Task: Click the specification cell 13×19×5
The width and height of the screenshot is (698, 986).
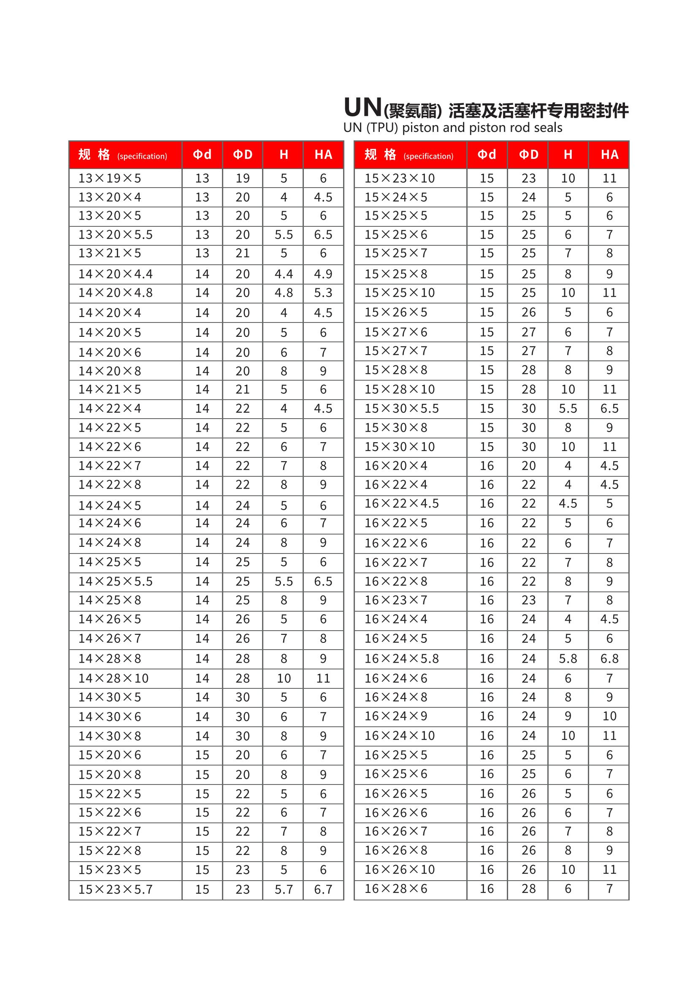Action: pyautogui.click(x=110, y=178)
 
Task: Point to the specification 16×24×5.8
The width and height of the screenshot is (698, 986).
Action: pyautogui.click(x=401, y=659)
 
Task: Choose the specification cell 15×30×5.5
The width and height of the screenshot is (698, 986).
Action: pyautogui.click(x=401, y=408)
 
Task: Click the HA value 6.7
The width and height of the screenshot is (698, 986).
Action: pyautogui.click(x=323, y=889)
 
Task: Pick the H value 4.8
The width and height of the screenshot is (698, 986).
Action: pyautogui.click(x=284, y=293)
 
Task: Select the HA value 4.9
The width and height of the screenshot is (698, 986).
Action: pyautogui.click(x=323, y=274)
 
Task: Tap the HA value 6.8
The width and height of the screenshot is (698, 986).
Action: pyautogui.click(x=609, y=659)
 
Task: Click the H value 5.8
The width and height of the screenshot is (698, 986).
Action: pyautogui.click(x=568, y=659)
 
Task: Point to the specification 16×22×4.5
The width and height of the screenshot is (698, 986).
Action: pyautogui.click(x=401, y=503)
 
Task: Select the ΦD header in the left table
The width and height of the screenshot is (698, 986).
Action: pyautogui.click(x=242, y=155)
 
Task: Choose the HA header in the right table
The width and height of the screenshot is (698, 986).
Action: pyautogui.click(x=609, y=155)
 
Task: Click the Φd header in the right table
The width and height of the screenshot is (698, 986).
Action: pyautogui.click(x=487, y=155)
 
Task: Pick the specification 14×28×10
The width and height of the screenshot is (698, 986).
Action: pyautogui.click(x=113, y=679)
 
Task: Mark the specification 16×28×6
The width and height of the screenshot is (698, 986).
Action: pyautogui.click(x=396, y=889)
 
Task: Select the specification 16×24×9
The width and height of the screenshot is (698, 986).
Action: pyautogui.click(x=396, y=716)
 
